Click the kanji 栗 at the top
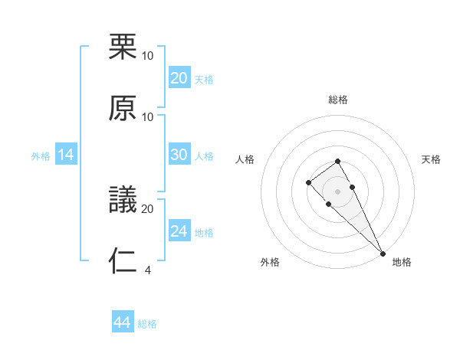(123, 47)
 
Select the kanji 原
(123, 107)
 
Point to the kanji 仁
(123, 260)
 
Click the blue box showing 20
(179, 78)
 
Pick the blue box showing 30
(179, 155)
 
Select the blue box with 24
(179, 231)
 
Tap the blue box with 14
(66, 155)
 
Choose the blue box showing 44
(123, 322)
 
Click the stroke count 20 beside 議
(148, 208)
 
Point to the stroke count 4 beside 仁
(148, 270)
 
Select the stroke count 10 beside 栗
(148, 56)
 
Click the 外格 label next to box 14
(41, 156)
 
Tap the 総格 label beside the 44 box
(147, 324)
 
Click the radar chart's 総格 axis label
(338, 100)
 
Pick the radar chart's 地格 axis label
(402, 262)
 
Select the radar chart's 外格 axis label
(270, 262)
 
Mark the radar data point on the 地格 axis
(383, 254)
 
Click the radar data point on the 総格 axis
(338, 161)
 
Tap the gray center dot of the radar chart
(338, 191)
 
